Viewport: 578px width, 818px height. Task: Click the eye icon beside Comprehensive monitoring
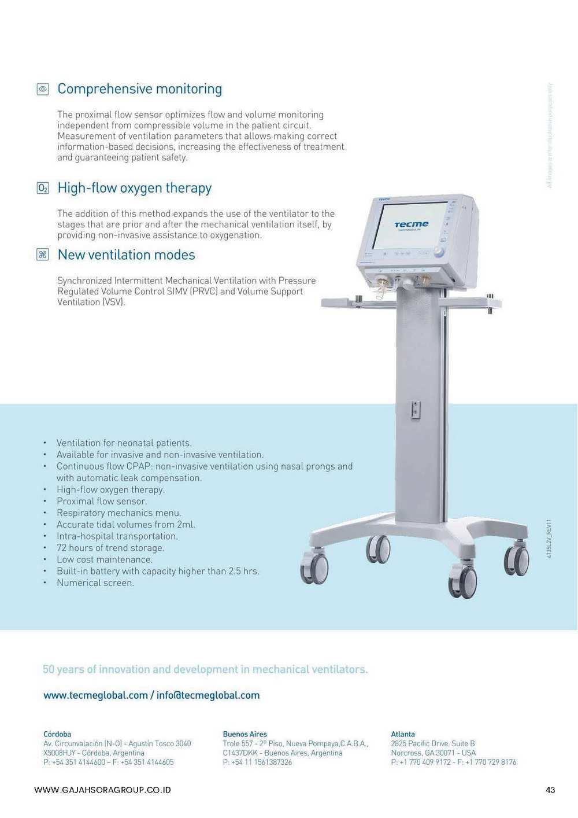click(43, 89)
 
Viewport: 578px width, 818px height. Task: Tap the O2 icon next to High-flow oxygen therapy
click(43, 188)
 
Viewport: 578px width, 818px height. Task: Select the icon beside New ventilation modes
click(43, 255)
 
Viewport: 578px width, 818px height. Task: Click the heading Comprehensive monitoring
click(140, 89)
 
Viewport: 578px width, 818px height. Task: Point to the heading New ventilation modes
click(127, 255)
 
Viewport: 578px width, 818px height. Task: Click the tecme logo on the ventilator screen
click(412, 224)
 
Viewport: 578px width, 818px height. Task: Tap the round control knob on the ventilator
click(439, 252)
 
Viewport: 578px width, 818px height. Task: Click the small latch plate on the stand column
click(416, 410)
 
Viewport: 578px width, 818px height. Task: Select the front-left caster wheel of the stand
click(315, 568)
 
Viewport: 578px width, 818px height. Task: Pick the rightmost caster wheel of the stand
click(517, 560)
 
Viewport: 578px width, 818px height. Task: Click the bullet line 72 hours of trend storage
click(110, 548)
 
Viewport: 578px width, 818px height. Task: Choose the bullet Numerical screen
click(95, 583)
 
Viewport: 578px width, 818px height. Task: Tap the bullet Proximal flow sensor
click(102, 502)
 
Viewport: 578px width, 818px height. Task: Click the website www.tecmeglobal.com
click(95, 695)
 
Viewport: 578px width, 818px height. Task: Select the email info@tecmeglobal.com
click(208, 695)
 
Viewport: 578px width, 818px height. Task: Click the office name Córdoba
click(57, 734)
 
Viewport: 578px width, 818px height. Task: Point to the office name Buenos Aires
click(245, 734)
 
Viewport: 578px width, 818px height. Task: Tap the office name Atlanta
click(403, 734)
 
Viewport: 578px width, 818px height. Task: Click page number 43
click(550, 790)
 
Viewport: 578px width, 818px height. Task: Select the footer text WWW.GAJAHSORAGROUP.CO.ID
click(103, 790)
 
